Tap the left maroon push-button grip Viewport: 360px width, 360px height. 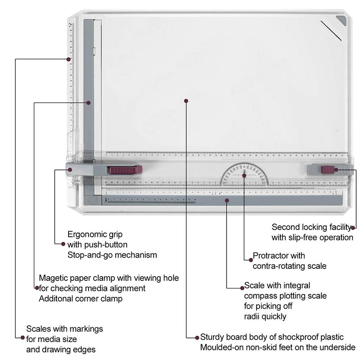point(125,170)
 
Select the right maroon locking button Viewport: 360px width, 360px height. point(327,170)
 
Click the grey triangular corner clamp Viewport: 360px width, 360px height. point(341,20)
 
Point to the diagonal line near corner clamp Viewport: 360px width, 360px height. point(331,30)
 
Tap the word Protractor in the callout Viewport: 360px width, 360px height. point(273,256)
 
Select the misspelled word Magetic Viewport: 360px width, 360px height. point(54,278)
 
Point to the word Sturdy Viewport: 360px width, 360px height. point(212,337)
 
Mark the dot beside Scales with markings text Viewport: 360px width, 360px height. point(22,338)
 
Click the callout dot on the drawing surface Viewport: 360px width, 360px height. point(186,101)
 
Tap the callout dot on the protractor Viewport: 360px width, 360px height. point(244,174)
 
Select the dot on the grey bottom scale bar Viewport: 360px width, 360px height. point(227,200)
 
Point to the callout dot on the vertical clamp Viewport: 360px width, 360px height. point(89,102)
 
